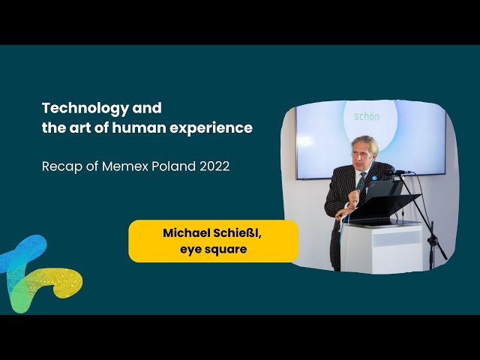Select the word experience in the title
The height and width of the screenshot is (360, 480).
point(211,128)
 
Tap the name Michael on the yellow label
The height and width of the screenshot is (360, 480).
point(186,233)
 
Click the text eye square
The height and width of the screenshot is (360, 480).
point(213,250)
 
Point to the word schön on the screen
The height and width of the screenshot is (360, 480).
point(367,116)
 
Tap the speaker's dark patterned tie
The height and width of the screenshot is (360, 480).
point(361,182)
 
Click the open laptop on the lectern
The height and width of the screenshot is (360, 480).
point(382,190)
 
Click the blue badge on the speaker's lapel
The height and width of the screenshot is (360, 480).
point(374,178)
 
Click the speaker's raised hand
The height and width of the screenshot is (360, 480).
point(354,196)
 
